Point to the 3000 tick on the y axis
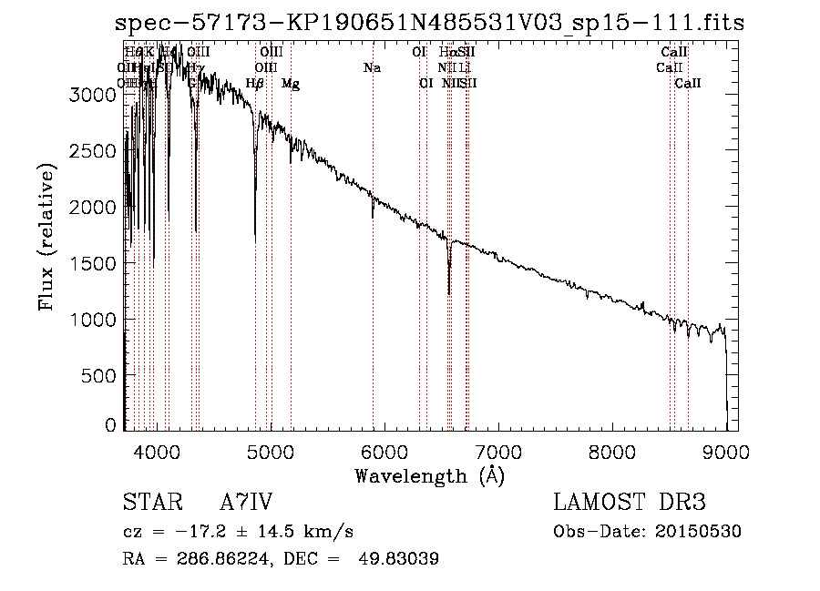point(96,94)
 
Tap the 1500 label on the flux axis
point(96,263)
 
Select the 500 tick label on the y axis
point(102,376)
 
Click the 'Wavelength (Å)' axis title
point(429,475)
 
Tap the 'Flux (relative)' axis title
point(46,237)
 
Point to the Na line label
point(372,67)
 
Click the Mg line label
point(291,84)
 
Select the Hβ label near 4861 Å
point(255,84)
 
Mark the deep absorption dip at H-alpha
point(449,290)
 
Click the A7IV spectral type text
point(246,503)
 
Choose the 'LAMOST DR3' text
point(630,503)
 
